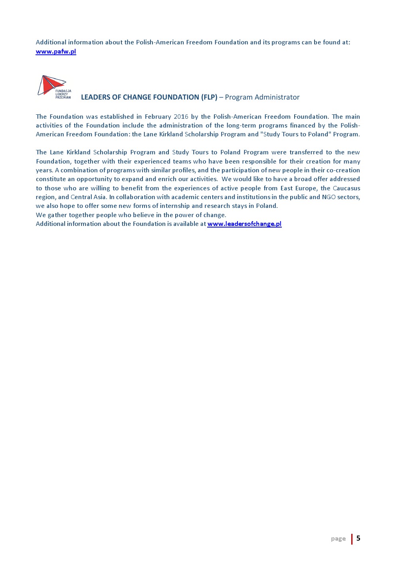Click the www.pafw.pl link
56,52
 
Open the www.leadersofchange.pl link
244,224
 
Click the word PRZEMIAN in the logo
63,98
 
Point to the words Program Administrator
262,97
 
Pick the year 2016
181,117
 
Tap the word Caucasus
346,188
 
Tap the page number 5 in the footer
358,538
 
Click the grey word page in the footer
338,539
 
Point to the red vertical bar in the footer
352,539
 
